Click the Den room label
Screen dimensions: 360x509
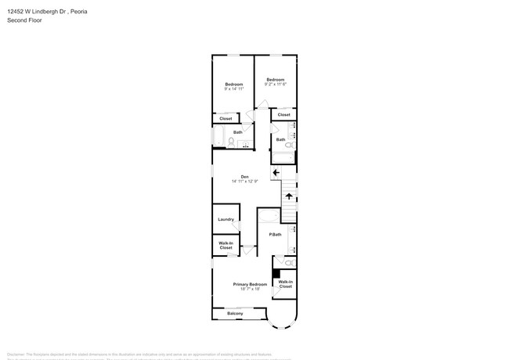[244, 176]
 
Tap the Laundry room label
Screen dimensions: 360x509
[226, 219]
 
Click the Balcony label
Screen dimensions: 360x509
[235, 314]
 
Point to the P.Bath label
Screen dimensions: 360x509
[275, 235]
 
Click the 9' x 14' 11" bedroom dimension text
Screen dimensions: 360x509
[234, 89]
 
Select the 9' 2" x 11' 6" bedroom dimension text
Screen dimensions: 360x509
[275, 85]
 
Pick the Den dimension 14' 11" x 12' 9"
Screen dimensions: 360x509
[244, 182]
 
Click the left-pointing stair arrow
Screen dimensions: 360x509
[276, 173]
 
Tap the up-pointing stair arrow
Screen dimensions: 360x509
[289, 196]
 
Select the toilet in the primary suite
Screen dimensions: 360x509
[288, 263]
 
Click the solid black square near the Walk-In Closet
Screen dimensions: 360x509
[276, 273]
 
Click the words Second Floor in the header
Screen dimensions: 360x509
[24, 20]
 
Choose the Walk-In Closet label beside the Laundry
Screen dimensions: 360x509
[226, 245]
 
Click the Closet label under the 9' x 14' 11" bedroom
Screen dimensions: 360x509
[226, 119]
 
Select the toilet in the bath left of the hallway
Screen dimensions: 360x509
[232, 142]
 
